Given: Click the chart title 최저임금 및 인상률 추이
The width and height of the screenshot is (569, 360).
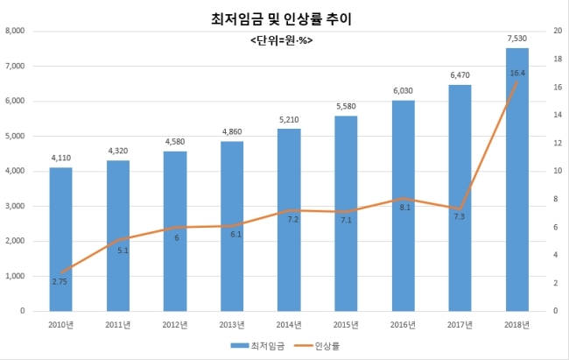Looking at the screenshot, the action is (281, 19).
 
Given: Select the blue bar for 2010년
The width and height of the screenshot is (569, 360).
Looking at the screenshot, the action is (60, 239).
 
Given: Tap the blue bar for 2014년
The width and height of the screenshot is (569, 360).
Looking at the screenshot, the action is (289, 220).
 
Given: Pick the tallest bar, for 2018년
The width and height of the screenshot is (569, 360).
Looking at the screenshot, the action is (517, 180).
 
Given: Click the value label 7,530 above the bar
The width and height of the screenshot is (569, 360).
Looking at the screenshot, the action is (517, 39).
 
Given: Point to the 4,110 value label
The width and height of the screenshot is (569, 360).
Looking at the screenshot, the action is (61, 158).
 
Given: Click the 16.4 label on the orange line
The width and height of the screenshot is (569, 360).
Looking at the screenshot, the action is (517, 73).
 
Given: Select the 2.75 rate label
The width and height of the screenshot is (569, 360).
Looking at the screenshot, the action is (60, 281).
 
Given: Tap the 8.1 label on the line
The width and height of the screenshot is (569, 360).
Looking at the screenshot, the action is (405, 208).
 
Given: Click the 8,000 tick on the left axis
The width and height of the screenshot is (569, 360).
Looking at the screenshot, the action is (15, 31).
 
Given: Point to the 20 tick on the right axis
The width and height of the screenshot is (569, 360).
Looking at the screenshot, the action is (558, 31).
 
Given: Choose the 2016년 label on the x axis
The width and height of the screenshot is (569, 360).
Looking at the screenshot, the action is (403, 324).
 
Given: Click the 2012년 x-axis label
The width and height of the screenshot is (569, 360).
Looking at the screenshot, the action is (175, 324).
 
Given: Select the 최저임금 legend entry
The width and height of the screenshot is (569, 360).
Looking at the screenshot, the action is (257, 346).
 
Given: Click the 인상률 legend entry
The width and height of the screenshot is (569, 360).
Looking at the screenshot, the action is (317, 346).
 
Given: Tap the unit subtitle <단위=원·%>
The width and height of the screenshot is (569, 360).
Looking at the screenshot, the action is (282, 40).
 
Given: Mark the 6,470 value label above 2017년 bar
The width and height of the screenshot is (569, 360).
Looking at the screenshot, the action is (460, 75).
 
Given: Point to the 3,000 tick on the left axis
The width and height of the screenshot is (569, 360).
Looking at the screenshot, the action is (15, 206).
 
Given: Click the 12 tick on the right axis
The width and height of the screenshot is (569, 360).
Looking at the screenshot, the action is (558, 143).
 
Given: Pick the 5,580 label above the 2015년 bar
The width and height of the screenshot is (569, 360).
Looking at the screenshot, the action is (346, 106).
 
